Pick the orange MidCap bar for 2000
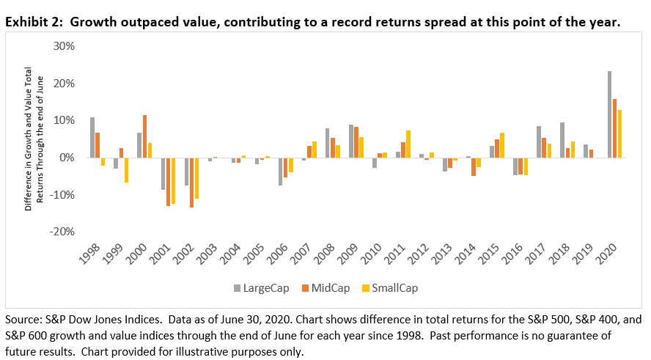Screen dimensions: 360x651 tap(145, 136)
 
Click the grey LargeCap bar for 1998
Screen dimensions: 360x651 tap(92, 137)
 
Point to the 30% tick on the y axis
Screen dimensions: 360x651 tap(65, 47)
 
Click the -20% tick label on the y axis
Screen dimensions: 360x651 tap(63, 232)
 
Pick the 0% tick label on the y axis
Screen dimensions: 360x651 tap(67, 158)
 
